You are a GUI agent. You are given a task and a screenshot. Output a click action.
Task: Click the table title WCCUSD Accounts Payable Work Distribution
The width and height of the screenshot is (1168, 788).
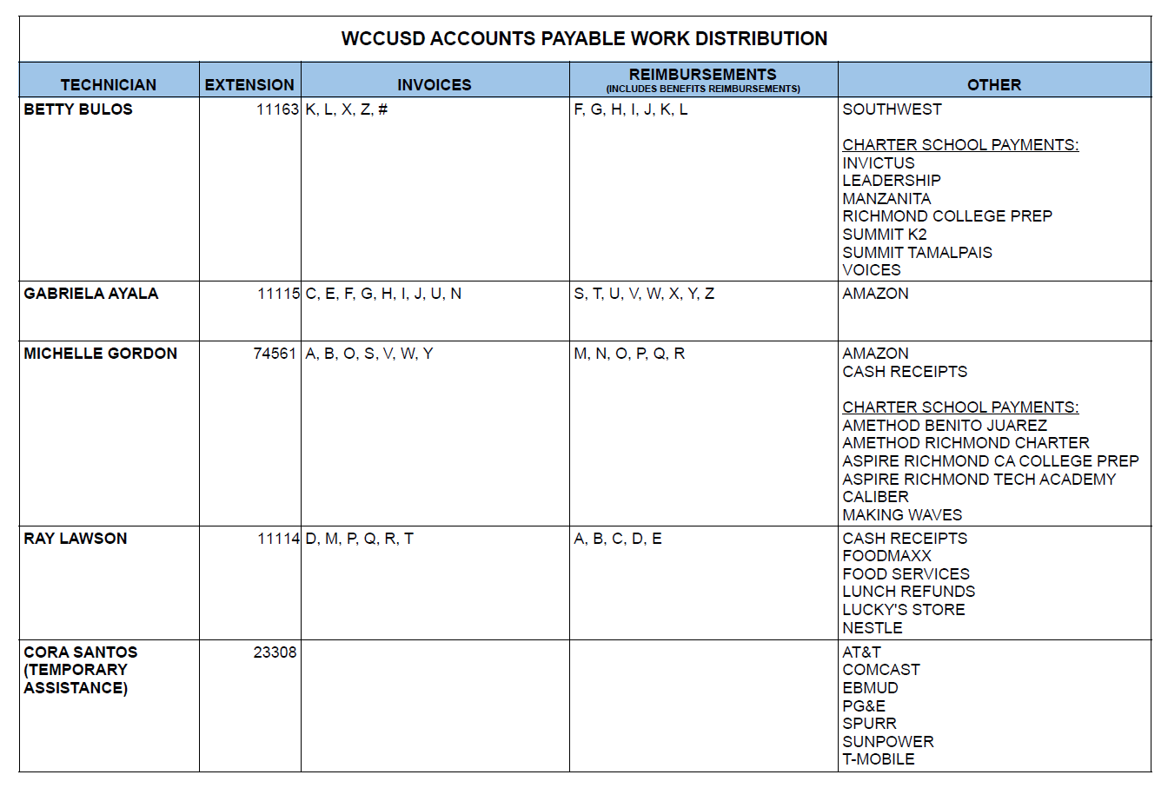(x=584, y=39)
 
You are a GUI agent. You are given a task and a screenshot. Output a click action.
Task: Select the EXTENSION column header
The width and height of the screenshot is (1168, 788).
(x=249, y=84)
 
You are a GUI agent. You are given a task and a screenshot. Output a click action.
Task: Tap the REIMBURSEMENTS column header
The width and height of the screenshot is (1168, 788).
(x=703, y=75)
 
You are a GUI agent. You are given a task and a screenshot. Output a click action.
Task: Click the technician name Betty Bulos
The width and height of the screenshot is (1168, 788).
(x=78, y=109)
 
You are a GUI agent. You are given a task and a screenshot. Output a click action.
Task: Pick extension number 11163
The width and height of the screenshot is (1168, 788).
(x=277, y=109)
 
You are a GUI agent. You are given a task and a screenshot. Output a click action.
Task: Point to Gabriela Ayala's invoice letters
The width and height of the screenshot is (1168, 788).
(x=383, y=294)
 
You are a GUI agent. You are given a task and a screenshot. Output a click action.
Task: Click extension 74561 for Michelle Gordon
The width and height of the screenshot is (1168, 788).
(x=275, y=354)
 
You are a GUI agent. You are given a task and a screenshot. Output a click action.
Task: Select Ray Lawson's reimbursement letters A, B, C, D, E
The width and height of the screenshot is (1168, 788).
(x=618, y=539)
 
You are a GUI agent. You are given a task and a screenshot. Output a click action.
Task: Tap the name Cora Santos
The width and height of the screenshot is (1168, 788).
(x=81, y=652)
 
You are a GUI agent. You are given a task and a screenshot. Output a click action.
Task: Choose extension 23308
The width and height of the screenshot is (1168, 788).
(x=275, y=652)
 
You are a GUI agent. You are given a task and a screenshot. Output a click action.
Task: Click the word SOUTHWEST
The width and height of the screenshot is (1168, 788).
(x=892, y=109)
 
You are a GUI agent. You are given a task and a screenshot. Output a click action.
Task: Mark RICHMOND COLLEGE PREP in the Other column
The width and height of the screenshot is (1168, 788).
(x=947, y=216)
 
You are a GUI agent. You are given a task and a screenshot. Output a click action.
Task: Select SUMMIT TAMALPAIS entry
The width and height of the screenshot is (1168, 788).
(x=917, y=253)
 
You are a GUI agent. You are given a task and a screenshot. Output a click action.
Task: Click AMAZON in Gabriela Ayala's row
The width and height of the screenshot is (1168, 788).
(x=875, y=294)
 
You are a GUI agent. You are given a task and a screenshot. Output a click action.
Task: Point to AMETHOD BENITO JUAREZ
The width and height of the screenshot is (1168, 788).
(x=945, y=426)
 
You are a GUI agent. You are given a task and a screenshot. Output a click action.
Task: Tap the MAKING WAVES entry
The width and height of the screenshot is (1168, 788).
(x=902, y=515)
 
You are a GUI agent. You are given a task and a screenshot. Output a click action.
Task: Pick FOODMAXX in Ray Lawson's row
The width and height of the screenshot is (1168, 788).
(x=886, y=556)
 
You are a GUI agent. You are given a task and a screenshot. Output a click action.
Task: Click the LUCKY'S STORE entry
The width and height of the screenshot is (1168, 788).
(x=904, y=610)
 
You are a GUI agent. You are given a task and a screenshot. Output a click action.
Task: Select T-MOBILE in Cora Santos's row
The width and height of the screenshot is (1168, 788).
(x=879, y=759)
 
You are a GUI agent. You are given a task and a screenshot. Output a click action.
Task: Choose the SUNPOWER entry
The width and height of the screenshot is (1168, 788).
(x=888, y=742)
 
